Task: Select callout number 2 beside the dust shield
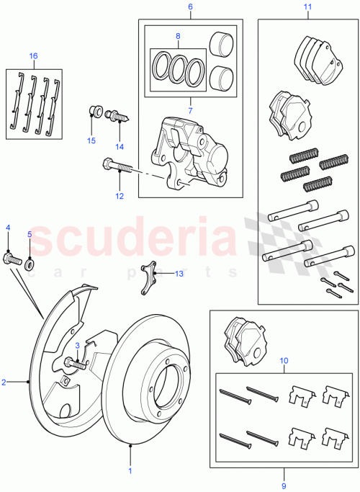tap(4, 383)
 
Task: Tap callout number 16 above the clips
tap(33, 55)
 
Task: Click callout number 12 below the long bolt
tap(120, 195)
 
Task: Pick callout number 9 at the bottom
tap(284, 475)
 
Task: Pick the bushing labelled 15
tap(92, 112)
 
